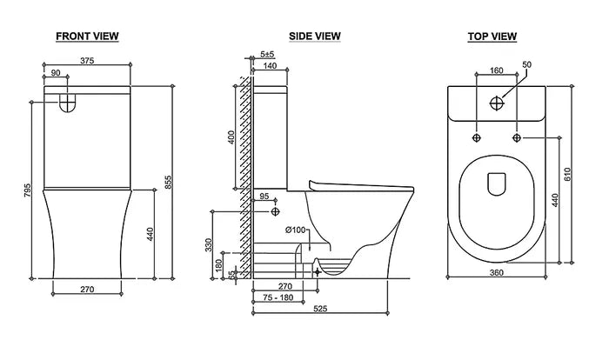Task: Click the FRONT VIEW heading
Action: (x=87, y=36)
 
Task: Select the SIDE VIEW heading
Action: (x=314, y=36)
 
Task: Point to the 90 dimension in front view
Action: (x=56, y=74)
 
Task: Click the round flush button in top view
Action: (x=496, y=103)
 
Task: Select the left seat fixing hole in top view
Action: (x=476, y=137)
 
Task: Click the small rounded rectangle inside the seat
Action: (x=497, y=183)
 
